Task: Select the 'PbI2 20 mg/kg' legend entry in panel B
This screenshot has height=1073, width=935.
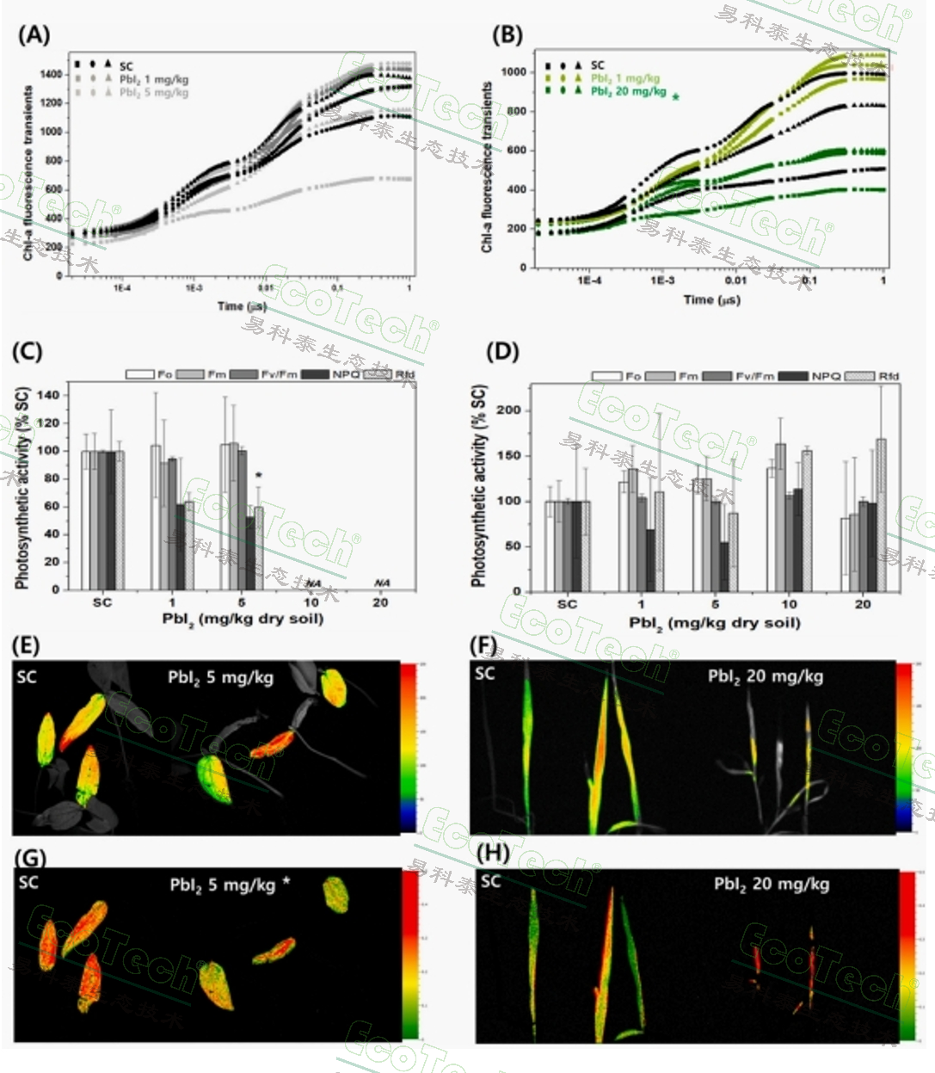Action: point(628,91)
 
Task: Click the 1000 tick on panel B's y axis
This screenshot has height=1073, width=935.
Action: point(513,72)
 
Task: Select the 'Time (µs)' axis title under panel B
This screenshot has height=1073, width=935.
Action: point(711,299)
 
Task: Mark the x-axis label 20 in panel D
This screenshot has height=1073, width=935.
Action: point(863,604)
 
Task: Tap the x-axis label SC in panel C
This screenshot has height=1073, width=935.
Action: point(102,602)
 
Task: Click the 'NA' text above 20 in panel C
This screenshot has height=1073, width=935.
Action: point(381,583)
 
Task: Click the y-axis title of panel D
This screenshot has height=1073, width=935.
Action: point(479,486)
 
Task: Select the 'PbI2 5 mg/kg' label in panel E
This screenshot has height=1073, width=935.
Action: point(220,677)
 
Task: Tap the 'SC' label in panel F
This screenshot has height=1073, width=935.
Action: point(485,673)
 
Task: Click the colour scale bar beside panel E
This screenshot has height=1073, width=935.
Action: point(408,747)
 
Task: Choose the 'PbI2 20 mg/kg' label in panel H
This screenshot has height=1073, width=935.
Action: point(772,884)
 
